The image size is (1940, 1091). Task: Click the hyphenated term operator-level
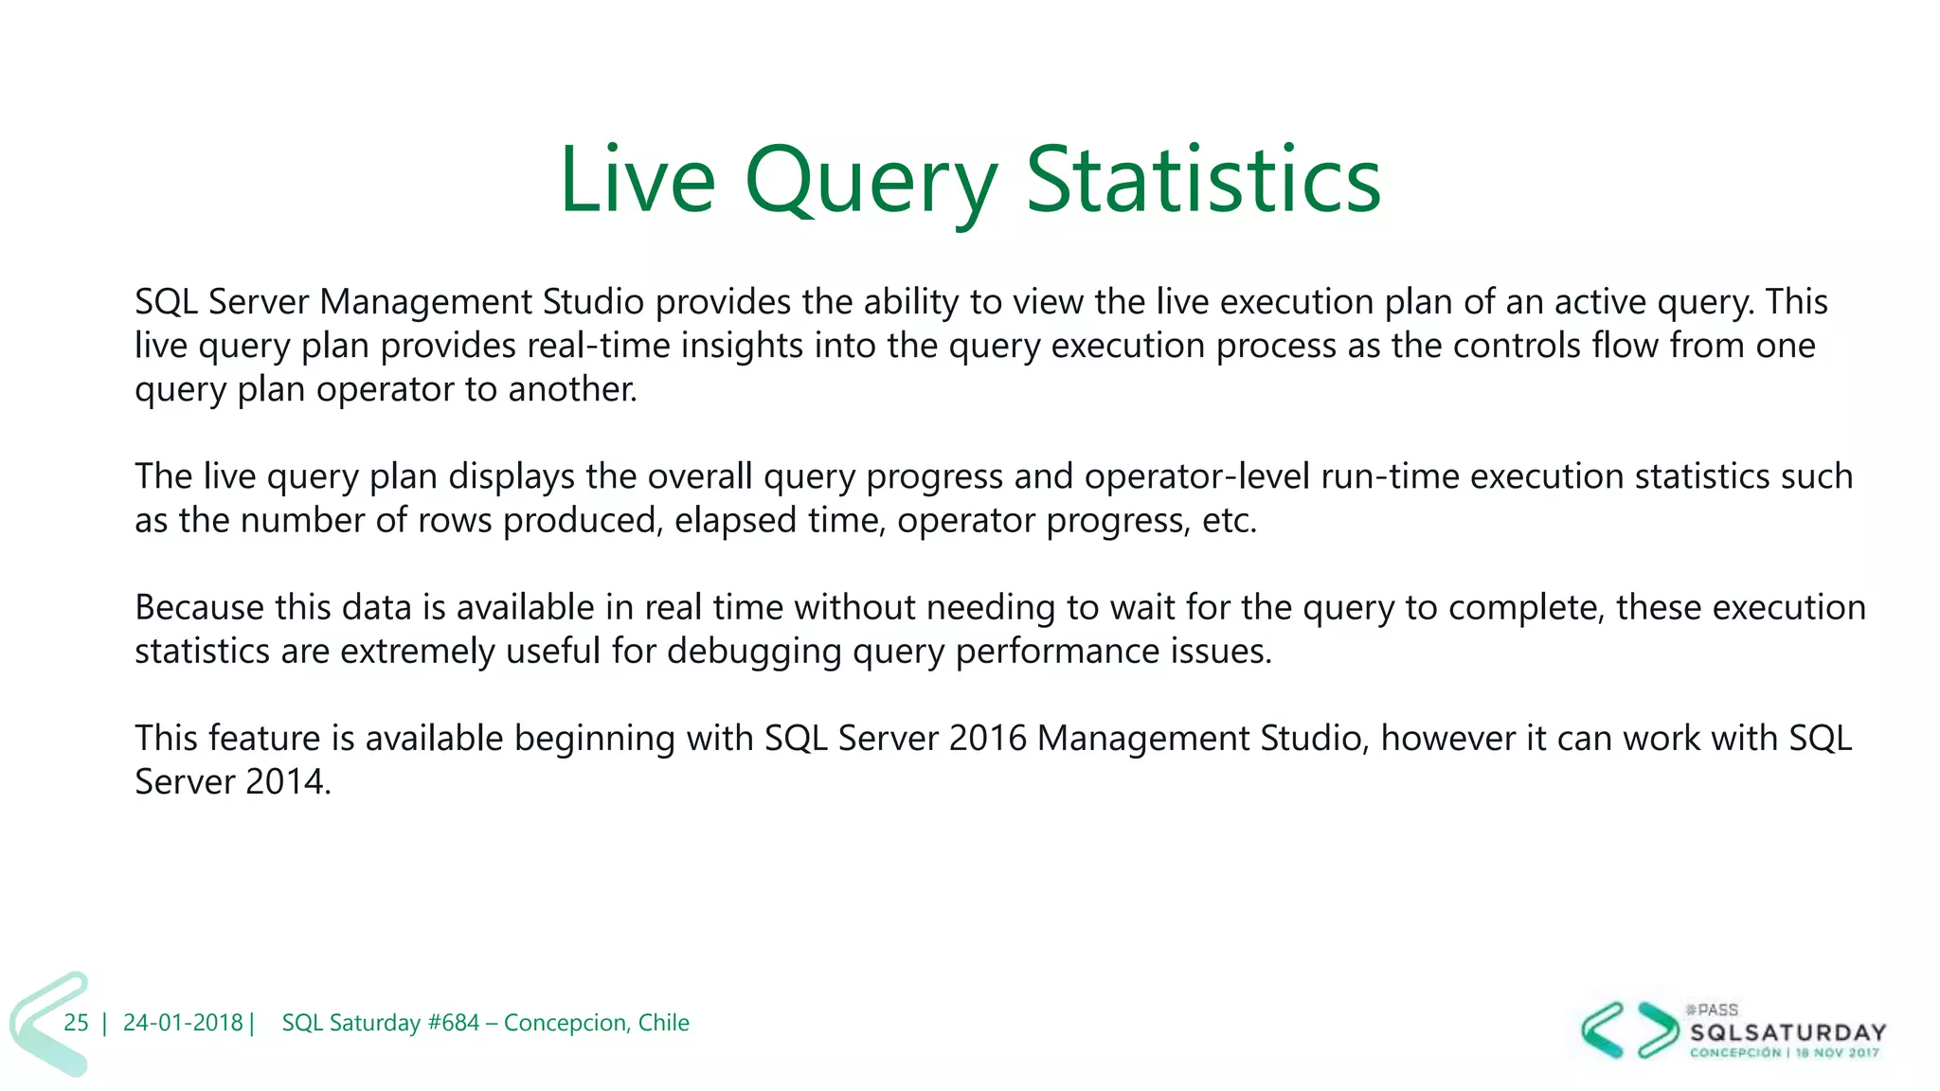[1196, 476]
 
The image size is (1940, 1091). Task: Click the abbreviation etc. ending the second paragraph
[1229, 520]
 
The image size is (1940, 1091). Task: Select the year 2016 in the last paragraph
[987, 738]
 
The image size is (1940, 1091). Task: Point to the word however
[1447, 738]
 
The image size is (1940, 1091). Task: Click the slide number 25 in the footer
[76, 1023]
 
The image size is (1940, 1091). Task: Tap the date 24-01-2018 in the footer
[183, 1023]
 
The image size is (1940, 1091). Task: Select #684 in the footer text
[453, 1023]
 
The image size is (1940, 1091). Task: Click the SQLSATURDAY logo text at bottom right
[1787, 1032]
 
